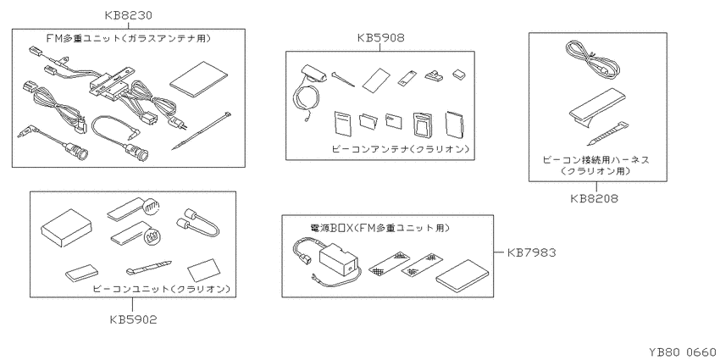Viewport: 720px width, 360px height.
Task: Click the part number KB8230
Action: click(x=128, y=16)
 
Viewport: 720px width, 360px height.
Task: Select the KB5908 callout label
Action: click(x=380, y=38)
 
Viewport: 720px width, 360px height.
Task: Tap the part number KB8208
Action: click(x=594, y=198)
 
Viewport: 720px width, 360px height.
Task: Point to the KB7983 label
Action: click(x=531, y=252)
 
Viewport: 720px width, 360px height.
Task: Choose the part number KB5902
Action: click(x=133, y=319)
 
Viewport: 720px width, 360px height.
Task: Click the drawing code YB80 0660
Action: click(x=682, y=352)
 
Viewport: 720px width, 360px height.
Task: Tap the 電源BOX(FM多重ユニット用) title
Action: click(x=379, y=228)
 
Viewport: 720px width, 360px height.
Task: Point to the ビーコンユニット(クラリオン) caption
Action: click(x=161, y=289)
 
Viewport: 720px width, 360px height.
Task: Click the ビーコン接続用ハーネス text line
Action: click(x=596, y=160)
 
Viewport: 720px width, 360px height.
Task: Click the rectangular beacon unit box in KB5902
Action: click(x=66, y=228)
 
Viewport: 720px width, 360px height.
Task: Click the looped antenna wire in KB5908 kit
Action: click(x=304, y=102)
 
